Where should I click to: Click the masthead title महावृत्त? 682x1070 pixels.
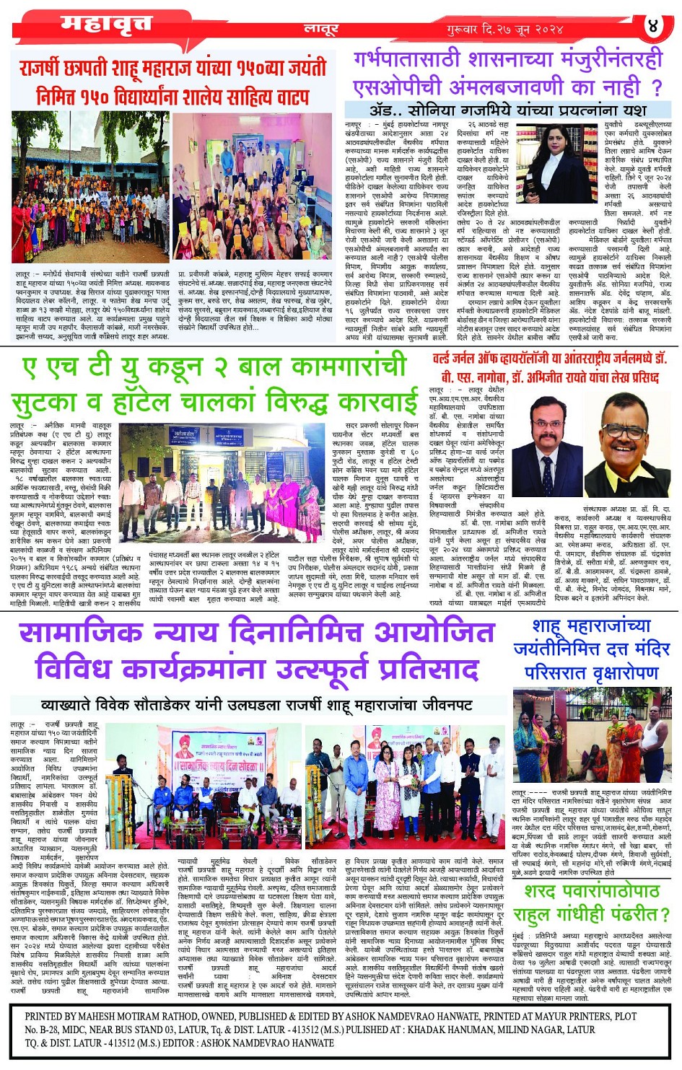(106, 24)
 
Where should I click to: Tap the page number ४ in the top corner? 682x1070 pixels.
(652, 27)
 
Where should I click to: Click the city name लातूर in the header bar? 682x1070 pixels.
(320, 30)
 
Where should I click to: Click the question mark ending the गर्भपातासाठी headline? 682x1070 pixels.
(656, 88)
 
